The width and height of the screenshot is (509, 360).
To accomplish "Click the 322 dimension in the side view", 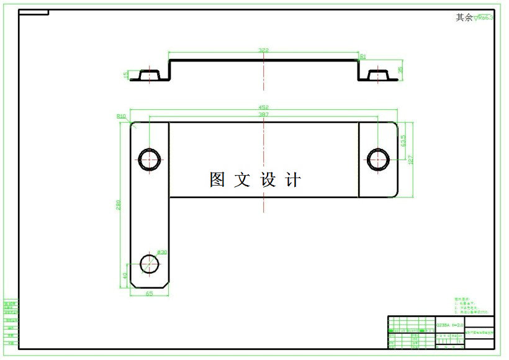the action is coord(263,50).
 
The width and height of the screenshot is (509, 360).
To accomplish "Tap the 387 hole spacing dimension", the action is coord(263,114).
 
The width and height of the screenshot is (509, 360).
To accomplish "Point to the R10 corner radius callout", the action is coord(121,116).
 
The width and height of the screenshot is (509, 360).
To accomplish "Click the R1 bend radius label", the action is coord(363,56).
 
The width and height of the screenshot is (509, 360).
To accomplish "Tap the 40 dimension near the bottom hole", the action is coord(124,275).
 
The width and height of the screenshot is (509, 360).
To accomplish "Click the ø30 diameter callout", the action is coord(162,252).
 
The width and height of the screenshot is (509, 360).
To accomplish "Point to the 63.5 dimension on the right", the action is coord(403,141).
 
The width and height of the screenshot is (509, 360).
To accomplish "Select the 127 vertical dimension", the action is coord(410,159).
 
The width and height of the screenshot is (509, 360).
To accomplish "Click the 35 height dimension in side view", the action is coord(400,70).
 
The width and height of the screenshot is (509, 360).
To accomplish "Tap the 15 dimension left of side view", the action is coord(126,74).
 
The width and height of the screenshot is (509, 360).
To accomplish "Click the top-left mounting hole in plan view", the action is coord(150,160).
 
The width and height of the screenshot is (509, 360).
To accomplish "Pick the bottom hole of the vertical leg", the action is coord(150,264).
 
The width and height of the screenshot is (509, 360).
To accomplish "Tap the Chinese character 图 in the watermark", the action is coord(217,180).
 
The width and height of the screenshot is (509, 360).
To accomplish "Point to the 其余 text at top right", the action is coord(464,18).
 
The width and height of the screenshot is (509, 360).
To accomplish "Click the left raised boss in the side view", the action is coord(150,75).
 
